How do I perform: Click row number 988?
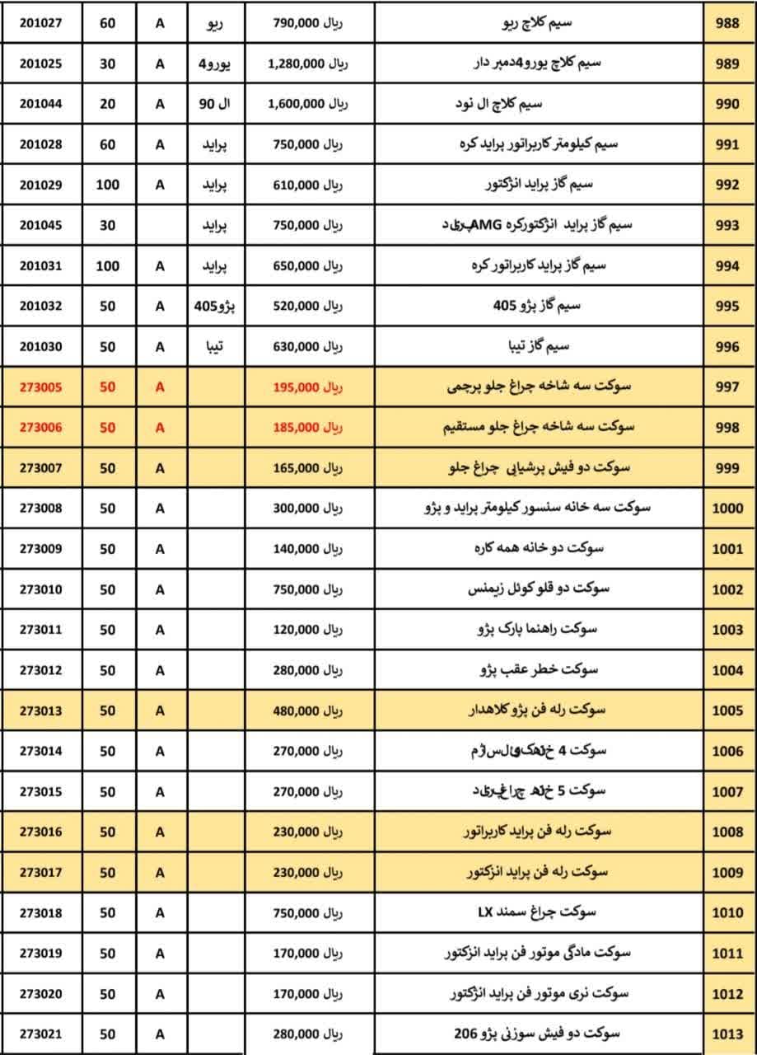(x=728, y=24)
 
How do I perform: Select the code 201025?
(x=40, y=64)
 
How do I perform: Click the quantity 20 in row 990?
(x=107, y=104)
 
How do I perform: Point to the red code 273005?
(x=40, y=387)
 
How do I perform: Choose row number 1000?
(x=728, y=508)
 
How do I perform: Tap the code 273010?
(x=40, y=589)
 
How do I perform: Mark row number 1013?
(x=728, y=1034)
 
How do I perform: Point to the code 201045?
(x=40, y=225)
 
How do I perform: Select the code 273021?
(x=40, y=1034)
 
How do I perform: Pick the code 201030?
(x=40, y=346)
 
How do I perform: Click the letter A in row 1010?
(x=160, y=912)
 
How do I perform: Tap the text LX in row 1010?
(x=485, y=912)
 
